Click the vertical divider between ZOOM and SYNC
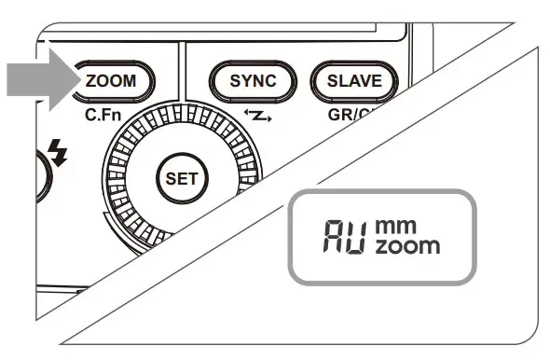(183, 75)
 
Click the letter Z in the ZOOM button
(90, 81)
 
